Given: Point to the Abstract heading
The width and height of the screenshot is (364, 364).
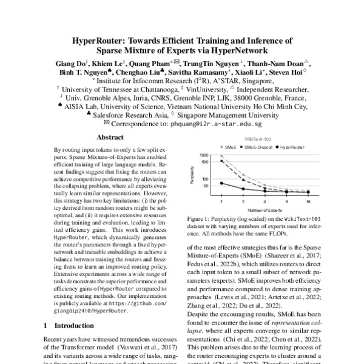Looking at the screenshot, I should pyautogui.click(x=110, y=137).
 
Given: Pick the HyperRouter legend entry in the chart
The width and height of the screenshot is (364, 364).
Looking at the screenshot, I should pyautogui.click(x=295, y=147).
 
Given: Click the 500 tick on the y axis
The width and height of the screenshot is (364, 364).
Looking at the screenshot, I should pyautogui.click(x=206, y=161).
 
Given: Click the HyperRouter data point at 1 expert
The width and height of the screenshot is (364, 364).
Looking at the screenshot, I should pyautogui.click(x=221, y=183).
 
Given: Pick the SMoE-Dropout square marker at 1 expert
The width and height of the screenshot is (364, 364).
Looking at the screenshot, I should pyautogui.click(x=221, y=161).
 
